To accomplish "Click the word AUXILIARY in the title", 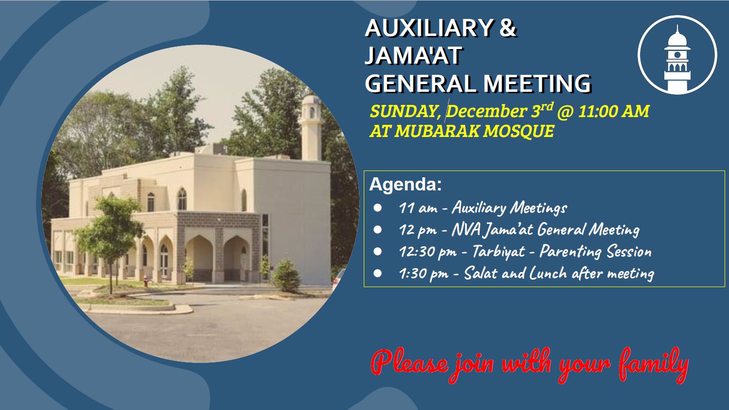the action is [429, 28].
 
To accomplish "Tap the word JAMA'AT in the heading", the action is [414, 55].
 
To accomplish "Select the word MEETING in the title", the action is [537, 84].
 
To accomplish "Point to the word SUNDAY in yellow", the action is [406, 112].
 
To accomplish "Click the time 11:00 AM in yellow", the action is [614, 112].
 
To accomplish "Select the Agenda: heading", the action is [406, 184].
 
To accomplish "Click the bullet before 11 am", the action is [377, 208].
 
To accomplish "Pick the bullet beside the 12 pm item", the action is [377, 230].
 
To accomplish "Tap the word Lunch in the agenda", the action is [548, 273].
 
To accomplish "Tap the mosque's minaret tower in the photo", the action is [311, 128].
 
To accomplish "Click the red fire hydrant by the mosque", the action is [146, 282].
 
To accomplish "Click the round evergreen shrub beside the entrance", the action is [286, 275].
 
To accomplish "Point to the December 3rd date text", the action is [499, 111].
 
